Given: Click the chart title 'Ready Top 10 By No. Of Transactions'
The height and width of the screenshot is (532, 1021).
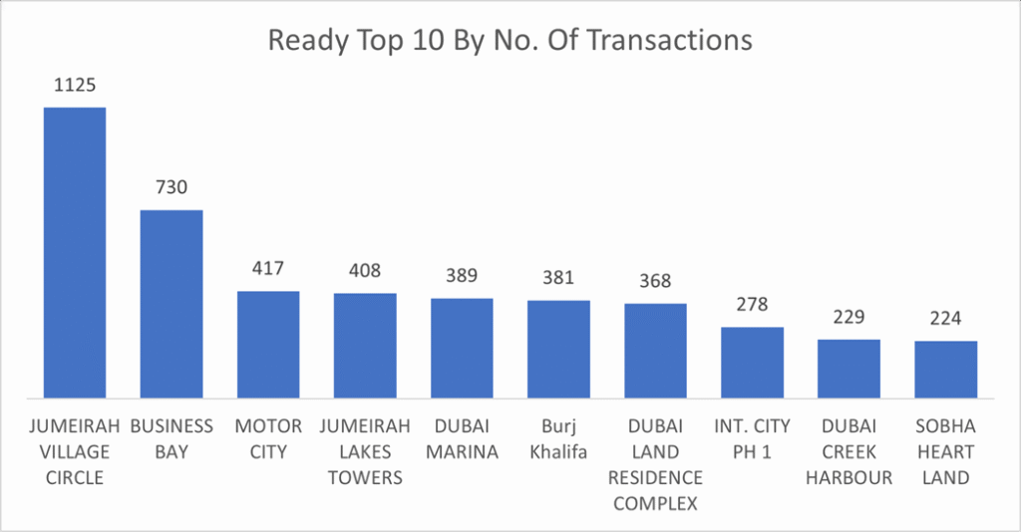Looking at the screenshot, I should coord(510,41).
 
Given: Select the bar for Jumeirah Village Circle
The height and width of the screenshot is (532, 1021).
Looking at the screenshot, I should coord(75,251).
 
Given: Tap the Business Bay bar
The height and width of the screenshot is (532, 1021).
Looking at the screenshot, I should coord(171,303).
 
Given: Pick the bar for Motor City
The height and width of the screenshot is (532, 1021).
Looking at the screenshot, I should coord(268,344).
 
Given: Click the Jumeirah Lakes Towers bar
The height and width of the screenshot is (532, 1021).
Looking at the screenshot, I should coord(365,345).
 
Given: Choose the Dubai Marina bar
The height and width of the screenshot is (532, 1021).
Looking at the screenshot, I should coord(462,347).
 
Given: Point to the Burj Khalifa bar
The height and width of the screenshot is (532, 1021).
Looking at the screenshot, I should coord(558,348).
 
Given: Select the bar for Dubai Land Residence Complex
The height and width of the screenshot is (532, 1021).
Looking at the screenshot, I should coord(656,350).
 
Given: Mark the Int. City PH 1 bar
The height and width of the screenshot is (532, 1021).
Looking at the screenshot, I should coord(753,362).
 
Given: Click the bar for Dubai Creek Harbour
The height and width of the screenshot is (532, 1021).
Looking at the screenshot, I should coord(850,368).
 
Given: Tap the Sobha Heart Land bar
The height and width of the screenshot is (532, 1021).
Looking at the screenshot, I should coord(946,369).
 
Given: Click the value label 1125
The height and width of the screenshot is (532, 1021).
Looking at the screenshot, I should coord(75,85).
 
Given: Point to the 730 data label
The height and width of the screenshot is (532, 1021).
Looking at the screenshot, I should coord(171,187).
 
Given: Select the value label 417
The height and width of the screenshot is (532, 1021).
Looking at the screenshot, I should coord(268,268).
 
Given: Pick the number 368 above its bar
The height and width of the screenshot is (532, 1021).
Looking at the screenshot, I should coord(656,281).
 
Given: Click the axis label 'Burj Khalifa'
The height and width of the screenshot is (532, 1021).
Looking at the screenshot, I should coord(558,439).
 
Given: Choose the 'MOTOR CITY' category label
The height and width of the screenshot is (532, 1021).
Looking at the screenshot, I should coord(268,439).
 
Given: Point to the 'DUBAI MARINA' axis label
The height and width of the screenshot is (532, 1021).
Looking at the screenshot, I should coord(462,439).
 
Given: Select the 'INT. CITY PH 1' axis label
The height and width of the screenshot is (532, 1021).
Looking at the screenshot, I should coord(753,439).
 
